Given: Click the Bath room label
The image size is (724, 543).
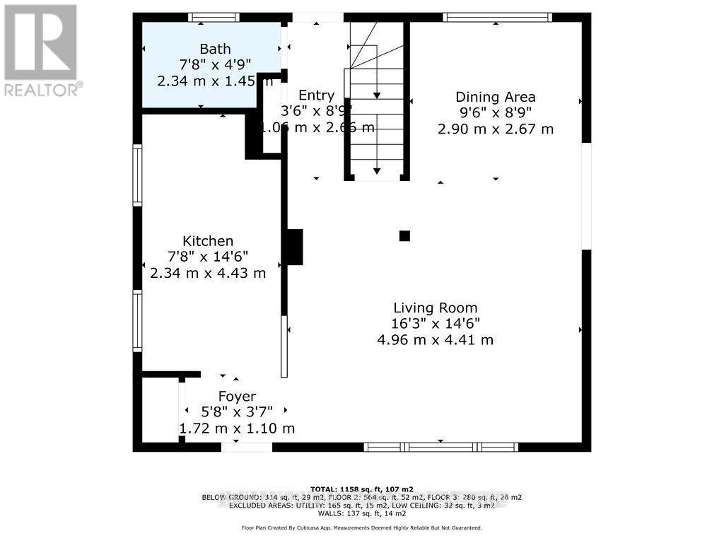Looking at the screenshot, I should point(215,49).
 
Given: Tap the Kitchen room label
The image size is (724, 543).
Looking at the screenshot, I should point(208,242).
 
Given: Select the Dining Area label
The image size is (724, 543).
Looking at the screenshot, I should point(495,98).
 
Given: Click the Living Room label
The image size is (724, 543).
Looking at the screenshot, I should point(436,308).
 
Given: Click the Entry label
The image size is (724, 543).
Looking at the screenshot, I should point(316,95).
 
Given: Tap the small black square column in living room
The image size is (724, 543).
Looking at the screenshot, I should point(404,236).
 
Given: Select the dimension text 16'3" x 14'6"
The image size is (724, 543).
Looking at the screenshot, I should point(436,324).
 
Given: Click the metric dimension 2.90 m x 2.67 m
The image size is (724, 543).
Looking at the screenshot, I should point(495,129).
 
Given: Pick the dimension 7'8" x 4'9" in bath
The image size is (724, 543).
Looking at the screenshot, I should point(215,65).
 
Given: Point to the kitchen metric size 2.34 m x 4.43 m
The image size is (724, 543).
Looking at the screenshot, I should point(208,273).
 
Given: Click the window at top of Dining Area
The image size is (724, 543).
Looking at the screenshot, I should point(496,17).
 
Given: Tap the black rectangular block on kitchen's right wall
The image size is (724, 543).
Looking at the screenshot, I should point(293,247).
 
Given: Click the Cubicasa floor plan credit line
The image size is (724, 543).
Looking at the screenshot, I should point(362,527).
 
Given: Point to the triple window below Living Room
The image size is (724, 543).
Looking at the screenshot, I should point(440,447).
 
